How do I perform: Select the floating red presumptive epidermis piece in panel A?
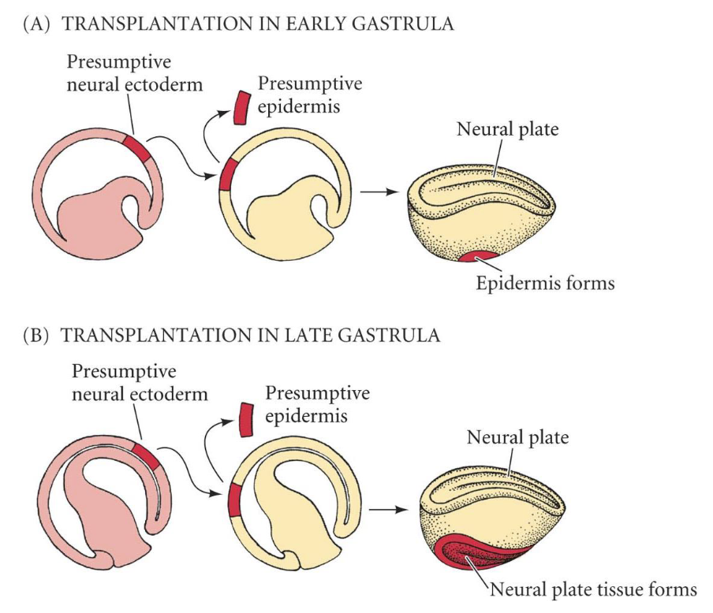[241, 107]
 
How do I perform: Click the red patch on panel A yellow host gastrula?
[227, 175]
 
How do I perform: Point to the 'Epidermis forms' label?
[544, 282]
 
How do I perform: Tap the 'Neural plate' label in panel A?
[507, 128]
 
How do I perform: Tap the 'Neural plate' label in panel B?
[517, 437]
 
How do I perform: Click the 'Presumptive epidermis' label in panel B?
[317, 402]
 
